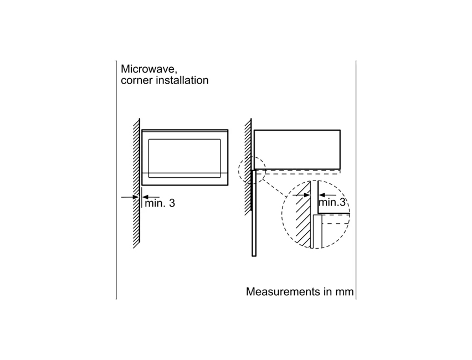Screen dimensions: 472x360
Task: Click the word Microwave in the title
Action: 148,69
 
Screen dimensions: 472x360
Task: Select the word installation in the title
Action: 181,80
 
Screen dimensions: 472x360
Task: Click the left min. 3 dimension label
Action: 160,203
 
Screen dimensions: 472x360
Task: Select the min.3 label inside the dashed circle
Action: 332,202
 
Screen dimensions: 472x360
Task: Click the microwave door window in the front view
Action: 184,158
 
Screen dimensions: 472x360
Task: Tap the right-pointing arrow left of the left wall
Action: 130,197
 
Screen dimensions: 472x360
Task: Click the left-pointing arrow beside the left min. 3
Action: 151,197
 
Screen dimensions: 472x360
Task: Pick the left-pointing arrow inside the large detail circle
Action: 327,195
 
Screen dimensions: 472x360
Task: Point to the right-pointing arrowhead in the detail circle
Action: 307,195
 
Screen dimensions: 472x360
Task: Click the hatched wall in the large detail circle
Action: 303,215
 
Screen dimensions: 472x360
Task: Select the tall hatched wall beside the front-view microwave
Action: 136,183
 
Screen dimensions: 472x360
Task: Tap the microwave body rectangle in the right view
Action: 297,150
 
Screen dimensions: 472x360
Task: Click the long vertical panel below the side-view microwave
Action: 254,213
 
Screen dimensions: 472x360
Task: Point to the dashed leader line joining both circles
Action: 273,188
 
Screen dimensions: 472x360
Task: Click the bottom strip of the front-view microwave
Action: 185,179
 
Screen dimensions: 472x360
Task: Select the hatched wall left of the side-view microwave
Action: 248,167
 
